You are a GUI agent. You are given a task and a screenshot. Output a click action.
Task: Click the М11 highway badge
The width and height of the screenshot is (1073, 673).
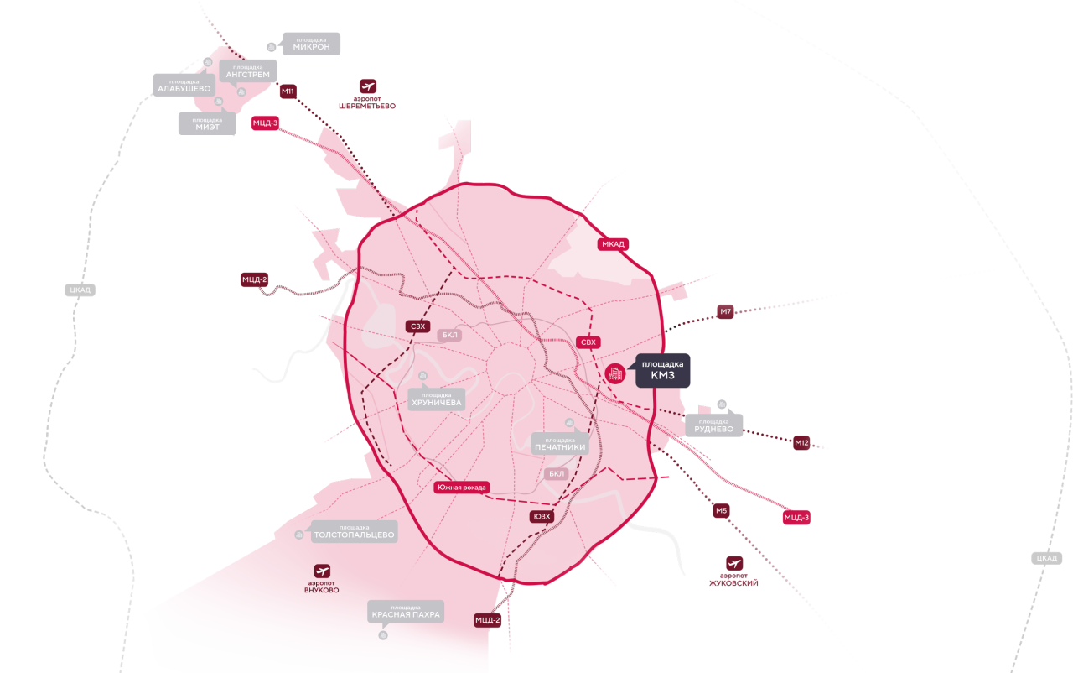pos(288,91)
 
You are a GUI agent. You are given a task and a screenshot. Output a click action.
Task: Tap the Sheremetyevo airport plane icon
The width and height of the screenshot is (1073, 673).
pos(368,86)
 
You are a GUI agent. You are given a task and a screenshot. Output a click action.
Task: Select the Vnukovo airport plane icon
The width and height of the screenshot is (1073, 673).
pos(322,571)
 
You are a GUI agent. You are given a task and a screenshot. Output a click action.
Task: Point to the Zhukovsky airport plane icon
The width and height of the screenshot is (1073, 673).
pos(734,563)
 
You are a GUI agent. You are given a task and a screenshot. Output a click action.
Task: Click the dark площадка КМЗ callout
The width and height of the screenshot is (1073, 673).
pos(662,371)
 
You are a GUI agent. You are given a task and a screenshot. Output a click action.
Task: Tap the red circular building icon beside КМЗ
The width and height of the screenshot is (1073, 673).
pos(615,373)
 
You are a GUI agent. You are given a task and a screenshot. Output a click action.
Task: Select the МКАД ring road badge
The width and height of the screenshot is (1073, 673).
pos(613,244)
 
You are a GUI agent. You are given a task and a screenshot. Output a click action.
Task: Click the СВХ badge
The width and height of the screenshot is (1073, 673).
pos(588,342)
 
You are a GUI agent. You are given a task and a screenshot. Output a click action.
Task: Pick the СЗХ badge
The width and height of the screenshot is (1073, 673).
pos(417,326)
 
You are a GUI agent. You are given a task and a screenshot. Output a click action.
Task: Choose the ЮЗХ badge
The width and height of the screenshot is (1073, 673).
pos(542,516)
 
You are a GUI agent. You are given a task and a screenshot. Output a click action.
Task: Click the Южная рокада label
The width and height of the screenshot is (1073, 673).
pos(462,488)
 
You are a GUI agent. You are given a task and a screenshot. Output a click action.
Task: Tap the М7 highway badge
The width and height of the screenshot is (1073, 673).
pos(725,311)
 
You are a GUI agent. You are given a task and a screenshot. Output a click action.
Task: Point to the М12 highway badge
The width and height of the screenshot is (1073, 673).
pos(801,443)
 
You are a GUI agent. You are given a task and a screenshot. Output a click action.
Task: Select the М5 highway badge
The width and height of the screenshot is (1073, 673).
pos(722,510)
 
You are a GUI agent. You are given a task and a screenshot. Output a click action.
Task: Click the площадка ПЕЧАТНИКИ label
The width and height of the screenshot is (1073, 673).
pos(560,444)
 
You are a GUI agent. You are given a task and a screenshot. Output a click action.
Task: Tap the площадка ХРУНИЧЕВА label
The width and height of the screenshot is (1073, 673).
pos(437,399)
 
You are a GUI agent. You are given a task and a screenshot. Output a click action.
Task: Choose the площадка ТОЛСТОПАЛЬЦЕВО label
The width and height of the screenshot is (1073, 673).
pos(354,531)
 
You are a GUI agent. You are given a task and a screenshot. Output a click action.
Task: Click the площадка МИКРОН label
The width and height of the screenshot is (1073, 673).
pos(311,44)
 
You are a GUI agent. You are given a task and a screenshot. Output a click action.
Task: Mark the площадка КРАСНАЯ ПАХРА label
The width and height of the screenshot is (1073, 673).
pos(406,612)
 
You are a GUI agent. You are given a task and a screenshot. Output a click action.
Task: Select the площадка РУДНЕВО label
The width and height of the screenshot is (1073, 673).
pos(713,425)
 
